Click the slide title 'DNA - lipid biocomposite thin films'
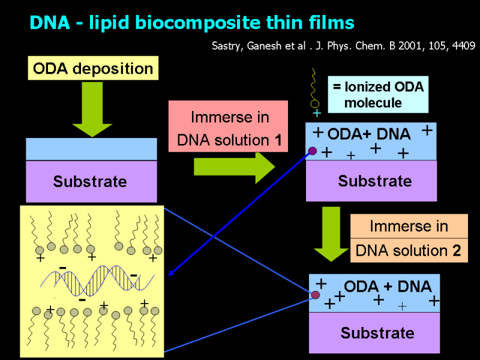tap(192, 23)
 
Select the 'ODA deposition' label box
tap(93, 68)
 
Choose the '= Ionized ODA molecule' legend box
tap(378, 94)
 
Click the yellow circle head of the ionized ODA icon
tap(314, 104)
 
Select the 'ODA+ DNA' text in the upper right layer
tap(369, 133)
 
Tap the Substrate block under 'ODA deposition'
tap(91, 181)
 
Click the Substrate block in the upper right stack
tap(371, 181)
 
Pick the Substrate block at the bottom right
tap(374, 332)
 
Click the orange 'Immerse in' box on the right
tap(409, 226)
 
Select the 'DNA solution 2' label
tap(409, 250)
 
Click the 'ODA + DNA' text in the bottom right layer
tap(388, 286)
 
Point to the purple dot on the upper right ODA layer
tap(313, 151)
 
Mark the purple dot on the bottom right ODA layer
tap(315, 295)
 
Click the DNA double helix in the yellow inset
tap(96, 279)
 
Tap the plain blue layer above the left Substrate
tap(91, 149)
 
